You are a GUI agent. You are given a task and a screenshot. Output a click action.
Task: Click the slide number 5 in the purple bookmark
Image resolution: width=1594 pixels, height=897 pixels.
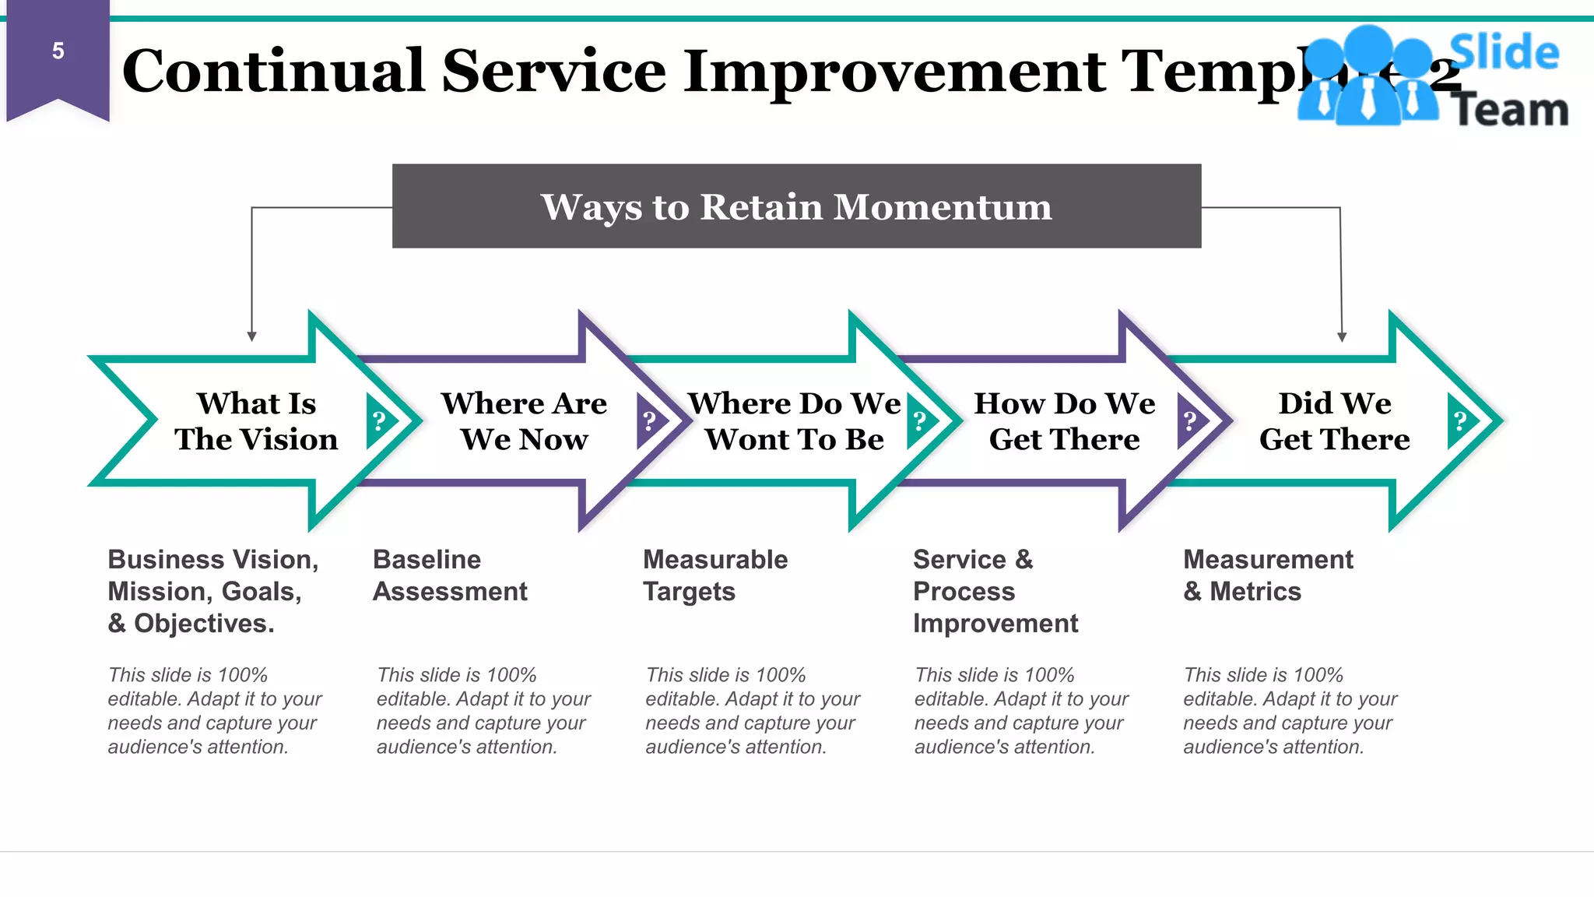pos(58,51)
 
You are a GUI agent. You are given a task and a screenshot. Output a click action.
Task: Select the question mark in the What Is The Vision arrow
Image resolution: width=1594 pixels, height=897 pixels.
pos(379,421)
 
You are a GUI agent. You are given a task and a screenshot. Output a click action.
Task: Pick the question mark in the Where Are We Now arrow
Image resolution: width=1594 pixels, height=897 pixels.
pos(649,421)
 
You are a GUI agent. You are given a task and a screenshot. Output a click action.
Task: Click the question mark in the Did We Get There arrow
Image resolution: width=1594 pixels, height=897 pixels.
pos(1460,421)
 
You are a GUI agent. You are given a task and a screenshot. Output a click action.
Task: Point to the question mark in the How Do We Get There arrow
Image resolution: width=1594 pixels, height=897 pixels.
pos(1189,421)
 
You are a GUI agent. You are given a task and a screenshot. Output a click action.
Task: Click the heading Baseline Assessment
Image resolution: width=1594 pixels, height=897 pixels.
pos(450,575)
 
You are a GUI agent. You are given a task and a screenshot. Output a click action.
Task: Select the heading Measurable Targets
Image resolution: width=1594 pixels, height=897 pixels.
pos(714,575)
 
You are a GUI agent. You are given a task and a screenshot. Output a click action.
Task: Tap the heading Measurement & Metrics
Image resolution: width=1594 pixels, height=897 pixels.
pos(1268,575)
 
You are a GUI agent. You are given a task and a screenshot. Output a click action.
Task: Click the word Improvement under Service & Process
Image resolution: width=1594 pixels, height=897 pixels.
pos(995,624)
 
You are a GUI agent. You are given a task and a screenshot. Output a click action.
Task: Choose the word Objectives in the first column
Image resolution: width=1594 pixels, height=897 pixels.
pos(203,624)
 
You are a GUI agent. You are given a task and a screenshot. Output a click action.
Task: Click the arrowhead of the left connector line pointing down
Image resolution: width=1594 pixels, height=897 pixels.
pos(251,336)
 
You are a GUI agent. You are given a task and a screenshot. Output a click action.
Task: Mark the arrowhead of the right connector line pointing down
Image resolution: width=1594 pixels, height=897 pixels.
pos(1342,336)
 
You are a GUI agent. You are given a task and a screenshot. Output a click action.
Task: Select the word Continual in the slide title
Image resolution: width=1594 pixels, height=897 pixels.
pos(273,71)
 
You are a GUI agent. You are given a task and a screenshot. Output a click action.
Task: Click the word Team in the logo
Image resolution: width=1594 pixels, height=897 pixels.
pos(1509,110)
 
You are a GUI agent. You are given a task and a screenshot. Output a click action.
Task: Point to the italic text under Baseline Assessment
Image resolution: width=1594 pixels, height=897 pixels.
pos(483,711)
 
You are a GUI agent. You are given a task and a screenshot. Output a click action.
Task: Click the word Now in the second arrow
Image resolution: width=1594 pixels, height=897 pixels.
pos(553,440)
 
